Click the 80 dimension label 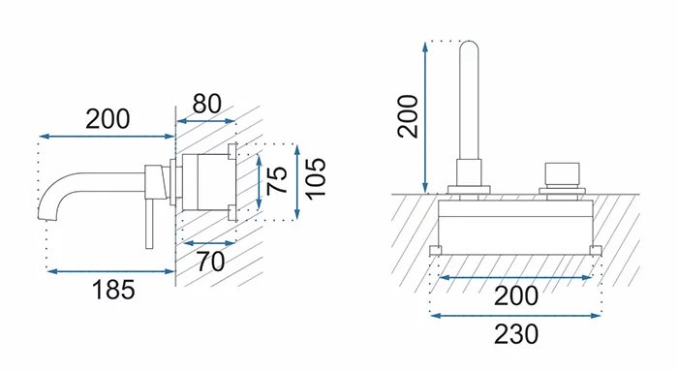[x=206, y=104]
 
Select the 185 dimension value [x=113, y=290]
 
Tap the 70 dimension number [x=210, y=262]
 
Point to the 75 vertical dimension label [x=277, y=180]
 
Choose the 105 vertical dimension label [x=316, y=179]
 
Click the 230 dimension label [x=516, y=334]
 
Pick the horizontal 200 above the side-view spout [x=108, y=119]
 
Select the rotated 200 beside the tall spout [x=408, y=116]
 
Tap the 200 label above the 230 [x=516, y=296]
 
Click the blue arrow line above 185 [x=110, y=271]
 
